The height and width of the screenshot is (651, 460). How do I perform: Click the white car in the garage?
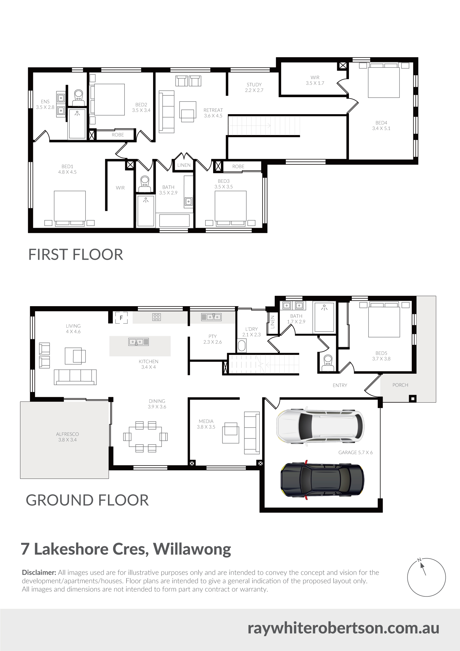click(x=320, y=427)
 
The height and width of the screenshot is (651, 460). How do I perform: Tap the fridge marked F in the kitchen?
click(x=121, y=318)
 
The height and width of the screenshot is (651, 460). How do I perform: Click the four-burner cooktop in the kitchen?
click(x=156, y=317)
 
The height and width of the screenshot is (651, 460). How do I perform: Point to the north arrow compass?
click(x=426, y=577)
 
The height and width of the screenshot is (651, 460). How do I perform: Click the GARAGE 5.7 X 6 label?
click(x=355, y=453)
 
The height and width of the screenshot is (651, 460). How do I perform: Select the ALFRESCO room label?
click(x=68, y=434)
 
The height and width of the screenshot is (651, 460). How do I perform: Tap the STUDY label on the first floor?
click(x=254, y=85)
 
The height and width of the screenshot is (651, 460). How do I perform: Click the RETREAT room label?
click(x=213, y=110)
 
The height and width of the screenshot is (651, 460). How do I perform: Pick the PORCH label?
click(x=400, y=385)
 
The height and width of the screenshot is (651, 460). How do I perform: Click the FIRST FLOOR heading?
click(x=76, y=254)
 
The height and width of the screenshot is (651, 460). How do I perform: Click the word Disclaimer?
click(x=39, y=572)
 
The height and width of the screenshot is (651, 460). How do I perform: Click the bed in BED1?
click(x=70, y=208)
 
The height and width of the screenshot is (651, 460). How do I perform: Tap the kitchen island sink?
click(x=139, y=342)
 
